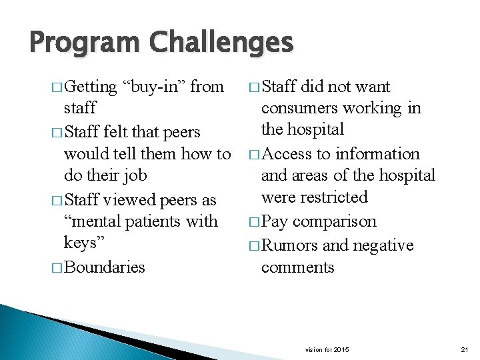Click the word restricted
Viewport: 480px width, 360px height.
(334, 197)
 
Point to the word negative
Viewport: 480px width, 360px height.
(380, 245)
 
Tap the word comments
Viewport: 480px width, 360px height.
(297, 267)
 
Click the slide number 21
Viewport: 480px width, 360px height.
(465, 350)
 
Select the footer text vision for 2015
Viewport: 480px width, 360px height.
(327, 350)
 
